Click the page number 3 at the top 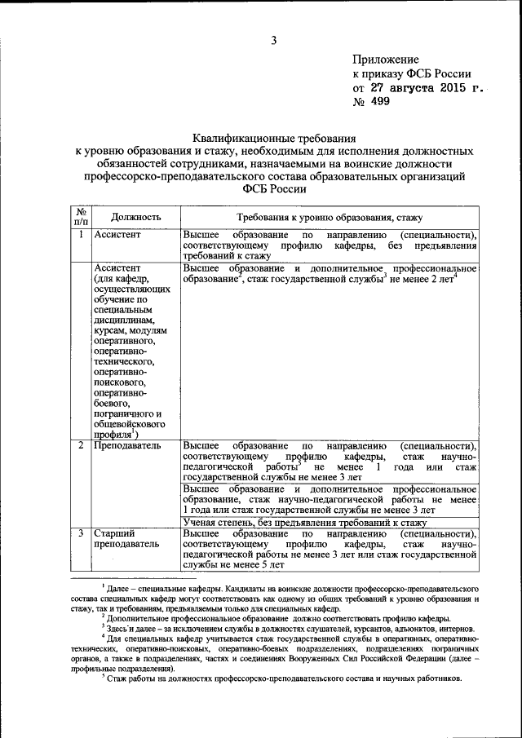click(x=274, y=40)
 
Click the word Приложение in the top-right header click(x=386, y=59)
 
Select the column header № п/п click(x=81, y=216)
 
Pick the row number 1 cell click(x=81, y=235)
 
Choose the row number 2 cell click(x=81, y=446)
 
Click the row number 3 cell click(x=81, y=533)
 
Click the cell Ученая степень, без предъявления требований click(x=305, y=521)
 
